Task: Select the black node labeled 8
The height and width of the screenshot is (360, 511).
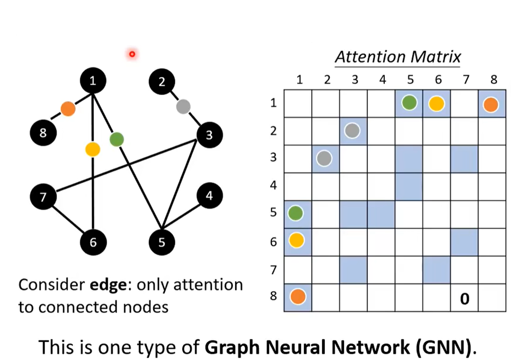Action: click(43, 132)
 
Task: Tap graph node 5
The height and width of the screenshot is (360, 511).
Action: click(162, 242)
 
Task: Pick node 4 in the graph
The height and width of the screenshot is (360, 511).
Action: click(210, 196)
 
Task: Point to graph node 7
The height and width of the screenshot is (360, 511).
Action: click(43, 197)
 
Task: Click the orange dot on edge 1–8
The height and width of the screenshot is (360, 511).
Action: click(68, 108)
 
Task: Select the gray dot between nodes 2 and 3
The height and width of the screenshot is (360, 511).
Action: click(183, 106)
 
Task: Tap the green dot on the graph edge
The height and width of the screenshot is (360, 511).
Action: click(116, 140)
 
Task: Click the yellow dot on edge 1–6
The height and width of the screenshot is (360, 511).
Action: click(93, 149)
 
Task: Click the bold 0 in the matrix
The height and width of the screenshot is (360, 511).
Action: click(464, 298)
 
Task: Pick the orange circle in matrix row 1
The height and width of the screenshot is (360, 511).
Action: click(491, 104)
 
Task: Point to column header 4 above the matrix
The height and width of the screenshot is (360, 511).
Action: click(382, 80)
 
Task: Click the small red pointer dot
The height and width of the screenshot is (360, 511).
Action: click(132, 54)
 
